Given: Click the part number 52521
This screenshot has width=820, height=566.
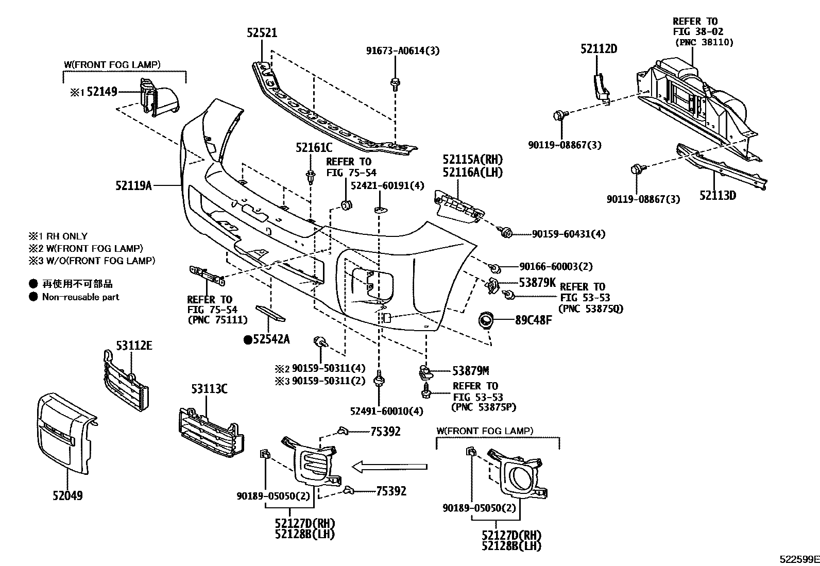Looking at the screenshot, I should tap(262, 33).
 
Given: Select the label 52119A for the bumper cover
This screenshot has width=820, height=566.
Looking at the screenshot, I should tap(133, 185).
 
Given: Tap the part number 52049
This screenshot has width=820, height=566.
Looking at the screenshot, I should tap(67, 495).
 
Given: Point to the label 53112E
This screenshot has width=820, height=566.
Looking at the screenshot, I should tap(134, 346).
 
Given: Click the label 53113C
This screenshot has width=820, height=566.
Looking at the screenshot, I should tap(209, 389).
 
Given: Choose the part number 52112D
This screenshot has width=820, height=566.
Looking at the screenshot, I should tap(599, 49).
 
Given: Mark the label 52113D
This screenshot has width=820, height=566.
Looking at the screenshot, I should tap(717, 196).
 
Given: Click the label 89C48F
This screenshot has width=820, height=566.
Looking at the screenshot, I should tap(534, 320).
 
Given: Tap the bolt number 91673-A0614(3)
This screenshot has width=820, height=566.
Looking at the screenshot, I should tap(403, 50).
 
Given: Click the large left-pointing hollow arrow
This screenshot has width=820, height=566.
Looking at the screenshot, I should tap(389, 467).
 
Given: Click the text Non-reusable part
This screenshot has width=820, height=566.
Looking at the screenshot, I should tap(80, 297).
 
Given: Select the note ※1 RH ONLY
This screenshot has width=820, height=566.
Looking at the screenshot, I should tap(58, 236).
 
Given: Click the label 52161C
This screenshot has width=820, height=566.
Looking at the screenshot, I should tap(314, 148).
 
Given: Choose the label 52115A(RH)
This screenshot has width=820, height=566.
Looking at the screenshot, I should tap(472, 160).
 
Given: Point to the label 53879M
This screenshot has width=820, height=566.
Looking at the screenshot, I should tap(470, 370).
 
